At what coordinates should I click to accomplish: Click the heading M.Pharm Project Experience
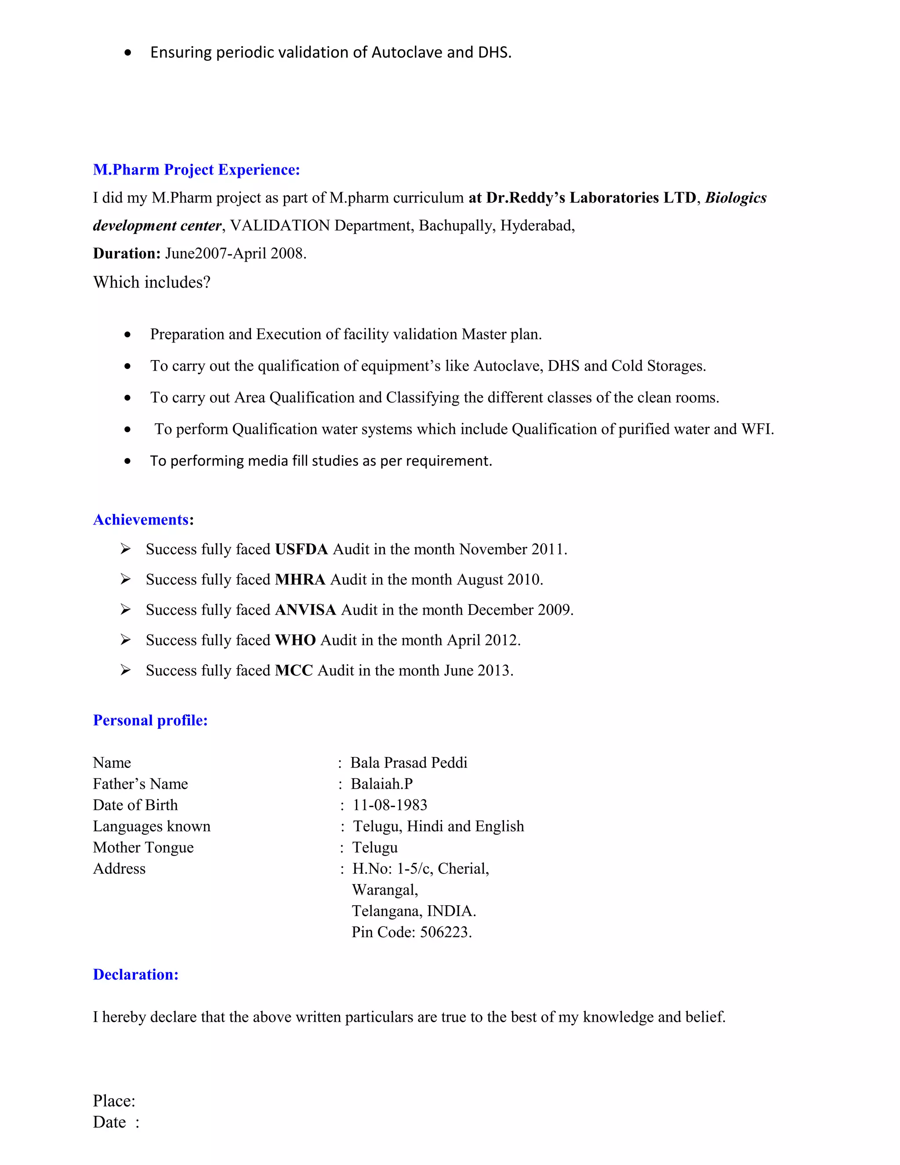click(196, 170)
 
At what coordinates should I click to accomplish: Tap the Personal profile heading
click(150, 720)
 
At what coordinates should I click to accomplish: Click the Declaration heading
click(135, 974)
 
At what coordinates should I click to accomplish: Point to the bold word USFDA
click(301, 550)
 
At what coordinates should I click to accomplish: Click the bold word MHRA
click(300, 580)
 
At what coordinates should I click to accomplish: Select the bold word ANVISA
click(305, 610)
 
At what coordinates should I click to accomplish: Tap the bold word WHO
click(295, 640)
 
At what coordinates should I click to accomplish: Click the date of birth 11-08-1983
click(390, 805)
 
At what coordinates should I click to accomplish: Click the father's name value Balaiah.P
click(382, 783)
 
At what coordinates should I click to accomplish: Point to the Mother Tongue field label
click(143, 847)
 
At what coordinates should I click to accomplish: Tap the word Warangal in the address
click(385, 890)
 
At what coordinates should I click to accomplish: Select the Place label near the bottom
click(113, 1100)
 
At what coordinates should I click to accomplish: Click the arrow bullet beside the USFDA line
click(125, 549)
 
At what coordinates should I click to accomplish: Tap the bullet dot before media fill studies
click(127, 461)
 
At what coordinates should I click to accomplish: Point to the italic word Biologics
click(735, 198)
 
